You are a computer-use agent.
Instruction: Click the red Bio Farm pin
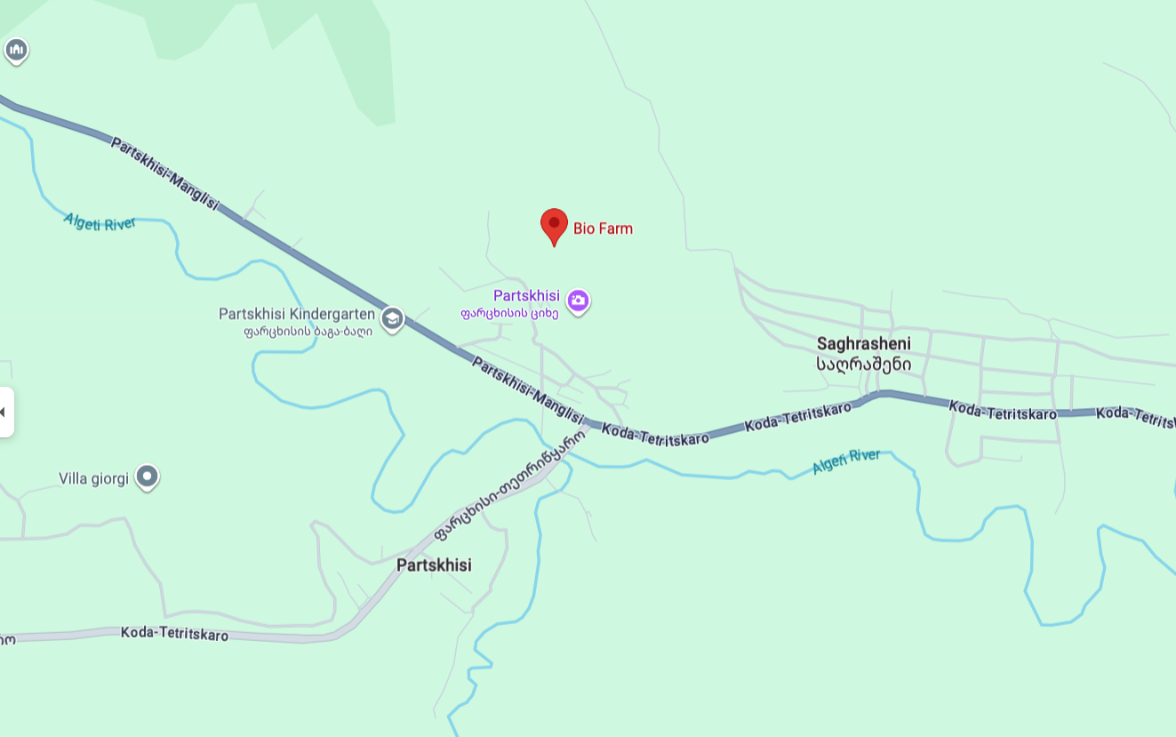554,225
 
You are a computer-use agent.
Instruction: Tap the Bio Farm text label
603,228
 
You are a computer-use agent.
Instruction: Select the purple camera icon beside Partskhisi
579,301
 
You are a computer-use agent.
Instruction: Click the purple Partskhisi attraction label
526,295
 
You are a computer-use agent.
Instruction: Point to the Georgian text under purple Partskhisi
509,313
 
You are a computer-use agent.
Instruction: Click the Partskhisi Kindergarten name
297,314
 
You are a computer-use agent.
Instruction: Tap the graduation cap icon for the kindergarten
392,319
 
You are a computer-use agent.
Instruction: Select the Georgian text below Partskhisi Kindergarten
308,332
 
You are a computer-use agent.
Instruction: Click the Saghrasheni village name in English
863,343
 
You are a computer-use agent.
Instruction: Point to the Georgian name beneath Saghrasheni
863,364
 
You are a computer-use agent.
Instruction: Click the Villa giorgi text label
94,478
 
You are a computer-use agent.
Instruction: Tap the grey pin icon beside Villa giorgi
148,477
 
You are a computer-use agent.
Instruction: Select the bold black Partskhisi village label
434,565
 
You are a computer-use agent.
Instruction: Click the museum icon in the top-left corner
16,50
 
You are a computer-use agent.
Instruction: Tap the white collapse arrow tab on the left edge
5,412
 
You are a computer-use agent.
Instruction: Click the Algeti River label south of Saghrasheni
846,461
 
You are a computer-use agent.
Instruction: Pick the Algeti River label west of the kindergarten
100,221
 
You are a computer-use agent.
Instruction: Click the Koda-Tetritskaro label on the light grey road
174,634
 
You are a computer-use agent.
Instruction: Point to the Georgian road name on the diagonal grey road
510,485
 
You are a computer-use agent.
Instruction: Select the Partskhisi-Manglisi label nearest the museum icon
164,173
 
